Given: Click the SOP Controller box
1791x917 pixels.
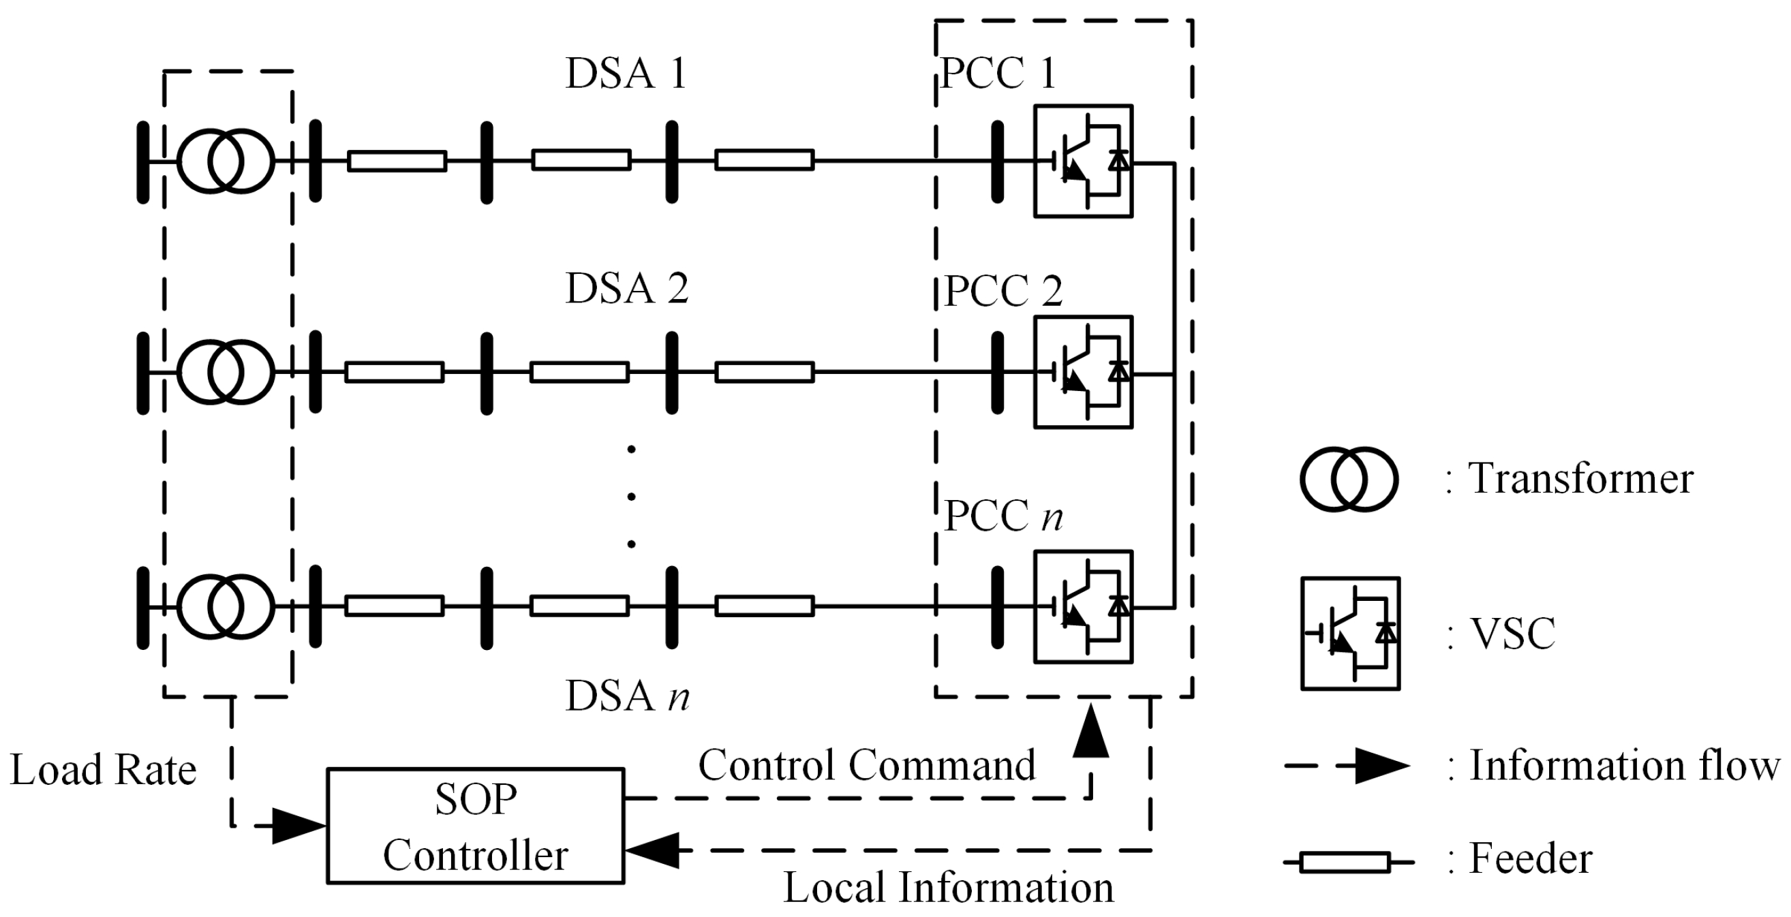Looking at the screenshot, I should pyautogui.click(x=475, y=825).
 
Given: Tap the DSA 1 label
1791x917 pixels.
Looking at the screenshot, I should pyautogui.click(x=626, y=73).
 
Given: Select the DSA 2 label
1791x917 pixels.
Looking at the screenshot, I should pyautogui.click(x=626, y=287).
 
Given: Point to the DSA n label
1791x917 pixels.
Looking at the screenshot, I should pyautogui.click(x=626, y=695).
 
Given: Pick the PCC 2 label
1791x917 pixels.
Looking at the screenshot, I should pyautogui.click(x=1003, y=291).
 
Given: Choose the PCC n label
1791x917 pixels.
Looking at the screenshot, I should pyautogui.click(x=1003, y=516).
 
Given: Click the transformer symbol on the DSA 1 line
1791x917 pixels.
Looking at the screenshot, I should pyautogui.click(x=226, y=161).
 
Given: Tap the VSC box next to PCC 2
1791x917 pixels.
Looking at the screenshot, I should pyautogui.click(x=1083, y=372).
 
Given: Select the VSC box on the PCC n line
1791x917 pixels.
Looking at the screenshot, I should pyautogui.click(x=1083, y=606).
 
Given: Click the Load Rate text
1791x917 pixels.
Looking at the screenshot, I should pyautogui.click(x=103, y=770).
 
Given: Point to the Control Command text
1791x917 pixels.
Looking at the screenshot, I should pyautogui.click(x=866, y=766).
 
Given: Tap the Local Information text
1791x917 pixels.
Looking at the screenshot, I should pyautogui.click(x=949, y=888).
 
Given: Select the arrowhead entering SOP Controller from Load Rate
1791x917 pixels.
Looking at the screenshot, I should pyautogui.click(x=298, y=826).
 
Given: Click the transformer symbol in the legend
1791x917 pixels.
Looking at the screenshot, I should pyautogui.click(x=1349, y=480).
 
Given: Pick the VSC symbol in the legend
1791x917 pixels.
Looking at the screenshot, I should pyautogui.click(x=1350, y=634).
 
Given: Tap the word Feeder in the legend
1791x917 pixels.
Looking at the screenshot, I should pyautogui.click(x=1530, y=858).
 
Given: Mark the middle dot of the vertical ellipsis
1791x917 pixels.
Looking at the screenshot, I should pyautogui.click(x=631, y=497).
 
